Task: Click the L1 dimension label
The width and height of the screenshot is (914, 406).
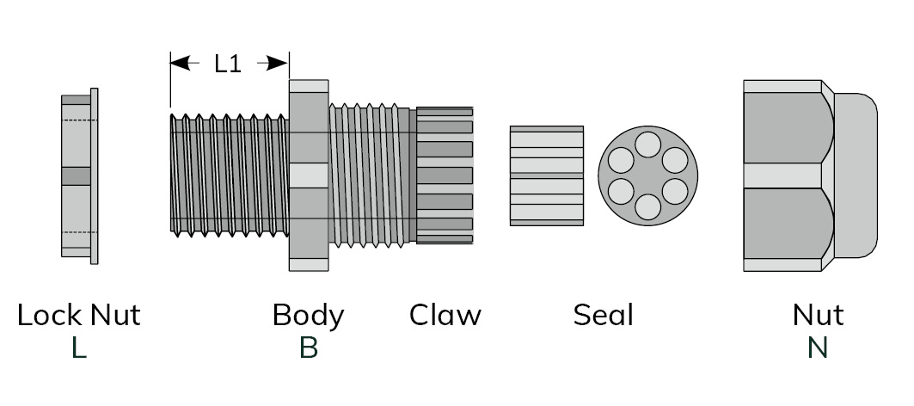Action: (228, 63)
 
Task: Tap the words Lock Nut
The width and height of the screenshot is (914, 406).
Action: (78, 315)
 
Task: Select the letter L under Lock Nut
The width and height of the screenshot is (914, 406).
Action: (79, 348)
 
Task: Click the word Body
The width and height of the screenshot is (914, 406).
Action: (308, 315)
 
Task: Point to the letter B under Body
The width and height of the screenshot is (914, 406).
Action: (308, 348)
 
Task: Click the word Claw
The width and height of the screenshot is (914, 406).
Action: (445, 315)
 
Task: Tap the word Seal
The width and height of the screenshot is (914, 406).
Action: (603, 315)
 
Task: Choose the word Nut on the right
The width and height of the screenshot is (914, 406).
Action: (818, 315)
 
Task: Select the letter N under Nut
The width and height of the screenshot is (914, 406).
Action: (818, 348)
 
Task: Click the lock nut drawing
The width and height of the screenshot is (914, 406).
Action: (79, 175)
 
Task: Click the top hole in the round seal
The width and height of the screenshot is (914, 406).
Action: (648, 144)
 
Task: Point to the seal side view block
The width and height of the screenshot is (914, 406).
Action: (547, 175)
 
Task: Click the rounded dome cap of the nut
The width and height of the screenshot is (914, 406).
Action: (856, 175)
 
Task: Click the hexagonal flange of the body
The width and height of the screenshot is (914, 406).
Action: (309, 175)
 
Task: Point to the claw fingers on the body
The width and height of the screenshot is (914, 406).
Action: (445, 175)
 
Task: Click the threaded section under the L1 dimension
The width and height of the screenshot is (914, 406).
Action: (229, 175)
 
